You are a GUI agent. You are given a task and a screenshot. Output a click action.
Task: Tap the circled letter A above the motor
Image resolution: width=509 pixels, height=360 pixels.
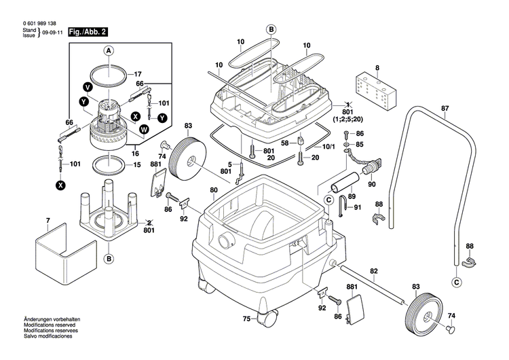[107, 50]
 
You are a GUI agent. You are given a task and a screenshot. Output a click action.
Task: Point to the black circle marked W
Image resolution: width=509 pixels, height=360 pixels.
[143, 129]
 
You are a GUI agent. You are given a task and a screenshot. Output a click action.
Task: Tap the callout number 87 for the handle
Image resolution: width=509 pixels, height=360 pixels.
[445, 109]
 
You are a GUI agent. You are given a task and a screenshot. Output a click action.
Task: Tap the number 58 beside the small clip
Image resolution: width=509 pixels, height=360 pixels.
[285, 143]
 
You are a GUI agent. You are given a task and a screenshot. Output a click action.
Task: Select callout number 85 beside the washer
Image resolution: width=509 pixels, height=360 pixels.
[360, 145]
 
